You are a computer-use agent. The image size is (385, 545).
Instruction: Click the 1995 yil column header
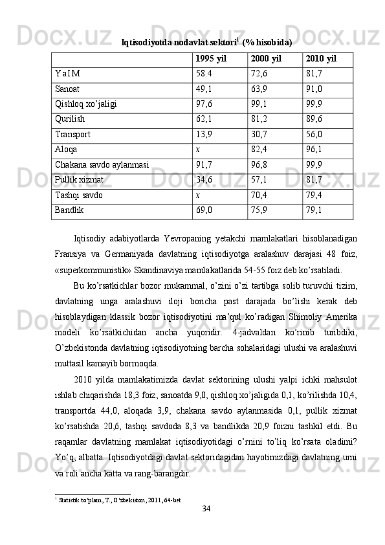[210, 58]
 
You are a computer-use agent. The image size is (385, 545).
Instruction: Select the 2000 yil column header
[264, 58]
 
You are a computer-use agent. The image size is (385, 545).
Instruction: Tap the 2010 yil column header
[318, 58]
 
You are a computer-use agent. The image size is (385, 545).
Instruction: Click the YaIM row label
[68, 74]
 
